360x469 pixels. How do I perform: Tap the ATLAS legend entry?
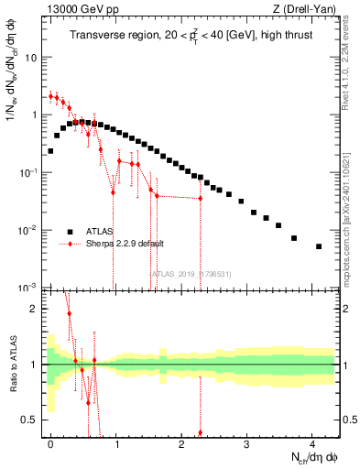click(100, 232)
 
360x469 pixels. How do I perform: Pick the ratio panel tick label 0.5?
click(29, 420)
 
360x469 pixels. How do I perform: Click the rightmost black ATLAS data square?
click(319, 246)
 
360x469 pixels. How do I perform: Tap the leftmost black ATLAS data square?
click(50, 151)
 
